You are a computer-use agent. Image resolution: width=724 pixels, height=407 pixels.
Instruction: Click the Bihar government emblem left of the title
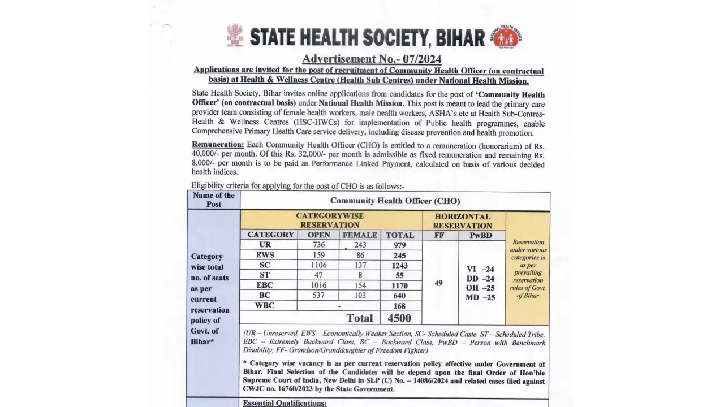click(x=235, y=35)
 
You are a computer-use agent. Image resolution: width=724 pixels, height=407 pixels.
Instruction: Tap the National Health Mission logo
click(x=506, y=37)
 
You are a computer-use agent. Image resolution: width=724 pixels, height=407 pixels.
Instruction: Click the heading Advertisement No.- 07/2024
click(x=372, y=59)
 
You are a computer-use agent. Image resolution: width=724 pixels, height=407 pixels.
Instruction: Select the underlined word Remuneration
click(x=218, y=145)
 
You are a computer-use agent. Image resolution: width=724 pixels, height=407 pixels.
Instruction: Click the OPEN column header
click(x=318, y=235)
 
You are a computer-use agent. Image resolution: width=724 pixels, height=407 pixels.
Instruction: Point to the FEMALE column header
click(x=359, y=235)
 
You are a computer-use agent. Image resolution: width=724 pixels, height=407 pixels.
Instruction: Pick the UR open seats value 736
click(x=318, y=245)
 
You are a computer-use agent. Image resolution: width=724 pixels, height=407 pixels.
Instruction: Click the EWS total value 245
click(x=400, y=255)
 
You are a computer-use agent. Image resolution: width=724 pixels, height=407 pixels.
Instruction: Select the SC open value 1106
click(x=318, y=265)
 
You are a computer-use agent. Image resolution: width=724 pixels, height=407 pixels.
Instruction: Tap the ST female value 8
click(x=360, y=275)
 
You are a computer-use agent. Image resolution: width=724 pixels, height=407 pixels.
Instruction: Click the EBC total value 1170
click(x=400, y=285)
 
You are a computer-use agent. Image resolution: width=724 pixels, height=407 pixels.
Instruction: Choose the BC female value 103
click(x=360, y=296)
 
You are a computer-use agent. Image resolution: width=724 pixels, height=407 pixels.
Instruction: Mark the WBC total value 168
click(x=400, y=306)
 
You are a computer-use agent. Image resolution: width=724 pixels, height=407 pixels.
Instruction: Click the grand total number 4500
click(x=399, y=318)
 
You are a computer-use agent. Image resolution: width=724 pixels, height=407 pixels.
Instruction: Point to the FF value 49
click(x=439, y=283)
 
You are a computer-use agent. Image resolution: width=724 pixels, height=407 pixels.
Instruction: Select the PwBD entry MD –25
click(x=480, y=297)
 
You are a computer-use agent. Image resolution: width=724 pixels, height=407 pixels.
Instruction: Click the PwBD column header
click(x=480, y=235)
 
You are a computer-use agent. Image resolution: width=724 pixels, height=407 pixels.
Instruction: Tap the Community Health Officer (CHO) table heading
click(x=395, y=201)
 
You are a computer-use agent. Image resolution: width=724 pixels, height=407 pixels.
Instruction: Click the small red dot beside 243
click(x=346, y=248)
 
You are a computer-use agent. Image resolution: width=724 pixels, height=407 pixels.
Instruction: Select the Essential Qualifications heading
click(x=285, y=403)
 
